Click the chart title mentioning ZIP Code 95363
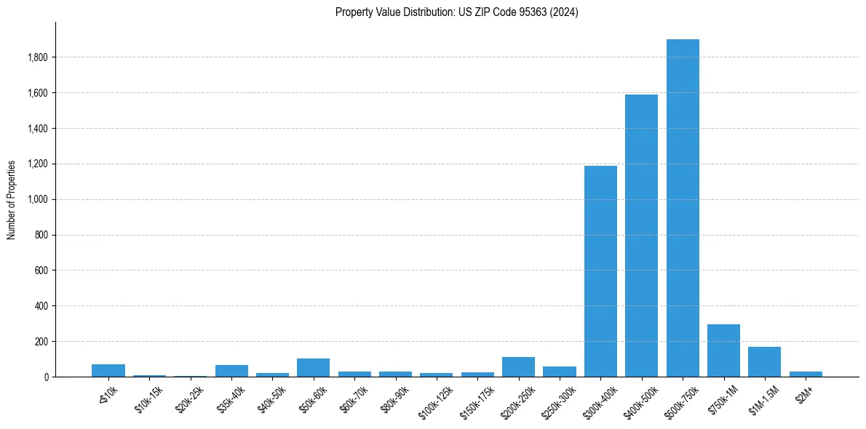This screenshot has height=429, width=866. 457,12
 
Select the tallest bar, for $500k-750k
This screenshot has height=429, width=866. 683,208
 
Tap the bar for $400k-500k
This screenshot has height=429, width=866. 642,236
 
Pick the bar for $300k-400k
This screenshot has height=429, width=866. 600,271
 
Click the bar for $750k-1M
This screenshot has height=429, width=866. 724,350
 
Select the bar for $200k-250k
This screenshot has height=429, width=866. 518,367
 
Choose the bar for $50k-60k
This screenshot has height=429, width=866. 313,368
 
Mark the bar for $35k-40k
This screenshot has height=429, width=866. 231,371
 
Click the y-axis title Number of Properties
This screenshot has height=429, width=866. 12,200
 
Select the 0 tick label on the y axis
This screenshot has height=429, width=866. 47,377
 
